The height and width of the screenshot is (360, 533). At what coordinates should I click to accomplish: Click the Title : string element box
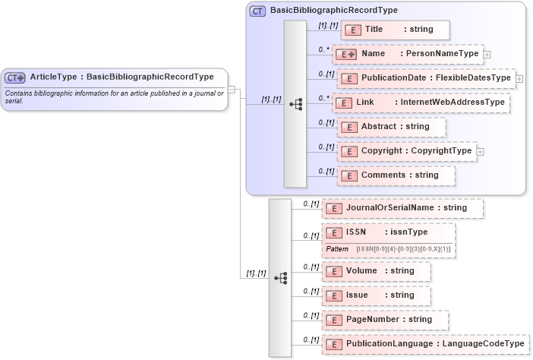[x=395, y=30]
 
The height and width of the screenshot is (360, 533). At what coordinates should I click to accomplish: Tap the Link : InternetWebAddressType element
[x=421, y=103]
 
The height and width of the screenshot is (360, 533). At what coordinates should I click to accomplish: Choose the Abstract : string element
[x=390, y=127]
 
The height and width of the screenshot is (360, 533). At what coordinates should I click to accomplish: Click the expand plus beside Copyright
[x=481, y=151]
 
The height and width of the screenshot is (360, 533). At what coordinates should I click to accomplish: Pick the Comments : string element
[x=395, y=175]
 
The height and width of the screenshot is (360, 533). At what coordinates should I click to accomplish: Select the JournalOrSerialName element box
[x=402, y=207]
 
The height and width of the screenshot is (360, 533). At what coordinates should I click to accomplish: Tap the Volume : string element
[x=376, y=271]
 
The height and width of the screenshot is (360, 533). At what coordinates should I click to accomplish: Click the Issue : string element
[x=376, y=295]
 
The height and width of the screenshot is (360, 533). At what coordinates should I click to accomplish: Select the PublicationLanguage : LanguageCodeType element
[x=425, y=345]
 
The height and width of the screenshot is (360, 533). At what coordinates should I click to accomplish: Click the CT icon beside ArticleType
[x=15, y=77]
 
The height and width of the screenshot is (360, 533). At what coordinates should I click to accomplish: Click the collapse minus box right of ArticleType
[x=233, y=89]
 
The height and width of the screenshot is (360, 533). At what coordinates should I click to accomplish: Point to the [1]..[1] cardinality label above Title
[x=328, y=25]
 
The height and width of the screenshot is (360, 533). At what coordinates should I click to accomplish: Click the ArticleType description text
[x=114, y=96]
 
